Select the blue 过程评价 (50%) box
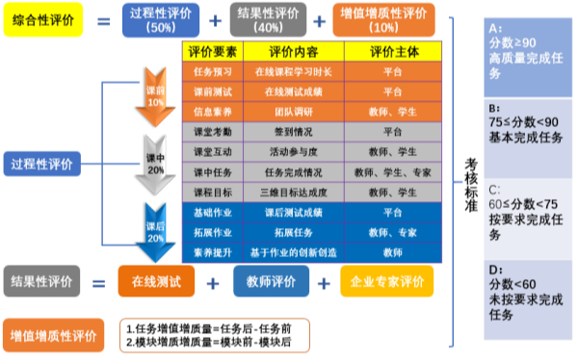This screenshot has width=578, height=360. pyautogui.click(x=161, y=20)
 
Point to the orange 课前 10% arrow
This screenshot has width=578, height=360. pyautogui.click(x=154, y=96)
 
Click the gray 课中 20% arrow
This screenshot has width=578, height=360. pyautogui.click(x=154, y=164)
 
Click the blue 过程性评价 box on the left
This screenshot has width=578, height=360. pyautogui.click(x=40, y=162)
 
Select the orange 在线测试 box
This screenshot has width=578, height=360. pyautogui.click(x=156, y=282)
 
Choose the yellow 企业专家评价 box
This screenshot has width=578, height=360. pyautogui.click(x=387, y=282)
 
